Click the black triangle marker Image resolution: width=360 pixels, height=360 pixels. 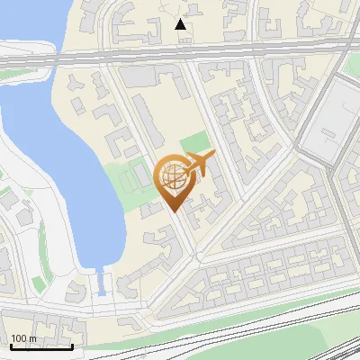click(x=181, y=24)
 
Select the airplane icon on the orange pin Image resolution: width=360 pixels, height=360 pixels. click(x=199, y=165)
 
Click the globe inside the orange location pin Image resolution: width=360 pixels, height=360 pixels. click(x=172, y=178)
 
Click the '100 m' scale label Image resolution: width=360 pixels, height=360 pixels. click(x=23, y=338)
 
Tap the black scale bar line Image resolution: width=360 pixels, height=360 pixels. click(x=40, y=346)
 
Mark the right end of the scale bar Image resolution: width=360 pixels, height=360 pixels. click(x=72, y=346)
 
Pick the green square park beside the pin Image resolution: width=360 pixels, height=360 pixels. click(x=195, y=145)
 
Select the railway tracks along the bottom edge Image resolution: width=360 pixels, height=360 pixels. click(x=270, y=337)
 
